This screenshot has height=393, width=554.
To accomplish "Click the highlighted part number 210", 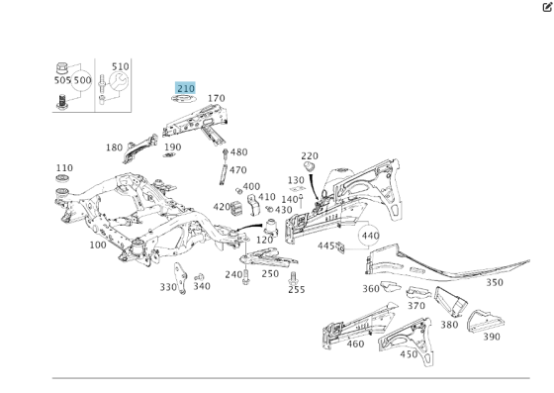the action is (186, 88).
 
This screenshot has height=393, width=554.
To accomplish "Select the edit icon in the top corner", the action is (547, 7).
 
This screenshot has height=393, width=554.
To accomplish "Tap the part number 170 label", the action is (217, 98).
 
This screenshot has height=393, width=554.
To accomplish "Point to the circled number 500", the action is (82, 80).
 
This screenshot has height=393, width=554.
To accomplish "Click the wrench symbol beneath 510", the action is (119, 81).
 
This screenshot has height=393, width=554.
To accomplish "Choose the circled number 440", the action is (370, 236).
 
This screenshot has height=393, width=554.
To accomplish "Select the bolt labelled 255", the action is (293, 278).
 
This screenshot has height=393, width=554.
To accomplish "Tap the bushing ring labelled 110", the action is (62, 178).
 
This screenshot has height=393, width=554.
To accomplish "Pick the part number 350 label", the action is (495, 282).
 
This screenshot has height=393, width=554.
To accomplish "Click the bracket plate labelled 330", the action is (180, 278).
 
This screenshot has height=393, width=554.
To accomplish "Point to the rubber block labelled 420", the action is (236, 208).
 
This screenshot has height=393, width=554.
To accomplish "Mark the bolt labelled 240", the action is (246, 277).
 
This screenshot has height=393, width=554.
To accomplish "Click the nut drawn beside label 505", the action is (61, 68).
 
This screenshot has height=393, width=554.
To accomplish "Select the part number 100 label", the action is (98, 245).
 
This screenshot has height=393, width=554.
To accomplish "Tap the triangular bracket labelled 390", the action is (485, 322).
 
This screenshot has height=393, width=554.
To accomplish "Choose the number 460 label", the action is (355, 344).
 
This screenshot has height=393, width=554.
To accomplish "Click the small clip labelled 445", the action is (340, 247).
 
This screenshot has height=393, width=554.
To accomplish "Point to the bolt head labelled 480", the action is (226, 152).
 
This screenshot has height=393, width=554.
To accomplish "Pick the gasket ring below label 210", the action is (184, 99).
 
